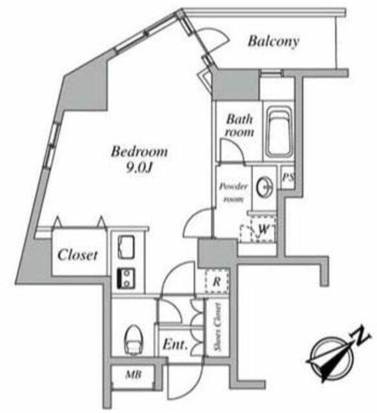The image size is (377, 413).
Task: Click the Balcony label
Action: tap(274, 41)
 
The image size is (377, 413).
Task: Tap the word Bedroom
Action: tap(139, 152)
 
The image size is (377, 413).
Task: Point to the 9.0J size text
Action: tap(139, 168)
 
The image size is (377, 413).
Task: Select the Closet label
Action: tap(77, 255)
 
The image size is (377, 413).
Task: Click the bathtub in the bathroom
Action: tap(280, 132)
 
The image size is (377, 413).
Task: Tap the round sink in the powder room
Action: tap(265, 186)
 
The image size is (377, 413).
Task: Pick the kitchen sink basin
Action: tap(127, 247)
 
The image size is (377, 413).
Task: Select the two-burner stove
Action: tap(126, 278)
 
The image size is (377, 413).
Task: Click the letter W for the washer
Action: tap(263, 230)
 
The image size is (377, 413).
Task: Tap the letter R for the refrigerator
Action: tap(216, 281)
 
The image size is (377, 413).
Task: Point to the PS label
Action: tap(287, 177)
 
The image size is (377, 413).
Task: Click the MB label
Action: tap(134, 374)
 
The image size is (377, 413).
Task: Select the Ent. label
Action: tap(175, 344)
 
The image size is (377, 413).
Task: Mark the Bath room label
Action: tap(239, 125)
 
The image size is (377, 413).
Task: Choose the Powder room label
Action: tap(234, 192)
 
